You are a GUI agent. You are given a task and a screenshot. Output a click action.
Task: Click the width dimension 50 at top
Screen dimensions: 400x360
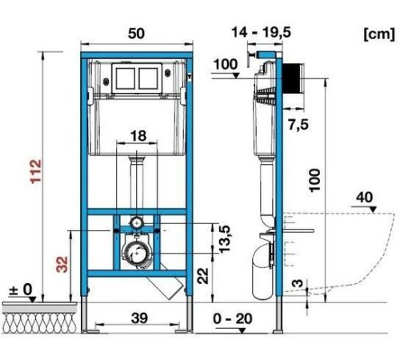(x=136, y=34)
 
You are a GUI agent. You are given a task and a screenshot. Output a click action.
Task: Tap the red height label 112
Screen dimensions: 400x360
(x=36, y=171)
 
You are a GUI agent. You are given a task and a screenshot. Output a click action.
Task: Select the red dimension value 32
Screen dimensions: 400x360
(x=63, y=264)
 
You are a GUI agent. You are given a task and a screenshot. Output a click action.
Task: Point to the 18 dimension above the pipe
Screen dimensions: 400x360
(x=138, y=135)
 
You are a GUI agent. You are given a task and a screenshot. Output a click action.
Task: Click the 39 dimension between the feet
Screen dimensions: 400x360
(x=139, y=318)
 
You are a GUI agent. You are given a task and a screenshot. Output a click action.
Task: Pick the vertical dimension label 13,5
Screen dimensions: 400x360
(x=225, y=239)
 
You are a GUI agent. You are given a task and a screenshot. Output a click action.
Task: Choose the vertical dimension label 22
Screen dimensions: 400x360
(x=203, y=276)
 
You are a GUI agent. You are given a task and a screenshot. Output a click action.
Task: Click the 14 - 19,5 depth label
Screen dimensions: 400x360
(x=262, y=33)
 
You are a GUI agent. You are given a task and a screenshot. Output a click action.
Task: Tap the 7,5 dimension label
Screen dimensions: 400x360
(x=298, y=125)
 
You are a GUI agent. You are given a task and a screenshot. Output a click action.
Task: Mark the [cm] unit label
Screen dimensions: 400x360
(x=379, y=34)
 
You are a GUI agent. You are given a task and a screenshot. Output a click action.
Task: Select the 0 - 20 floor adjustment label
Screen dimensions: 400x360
(x=233, y=318)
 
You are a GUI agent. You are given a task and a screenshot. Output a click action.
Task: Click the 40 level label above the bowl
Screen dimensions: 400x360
(x=365, y=198)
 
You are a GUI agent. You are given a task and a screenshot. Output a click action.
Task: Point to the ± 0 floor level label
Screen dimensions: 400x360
(x=21, y=290)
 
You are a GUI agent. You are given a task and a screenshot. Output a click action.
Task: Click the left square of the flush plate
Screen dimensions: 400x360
(x=126, y=78)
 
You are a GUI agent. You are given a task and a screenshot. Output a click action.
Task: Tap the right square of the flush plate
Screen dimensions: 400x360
(x=148, y=78)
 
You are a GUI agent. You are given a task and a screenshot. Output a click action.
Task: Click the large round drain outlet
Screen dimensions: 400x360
(x=137, y=252)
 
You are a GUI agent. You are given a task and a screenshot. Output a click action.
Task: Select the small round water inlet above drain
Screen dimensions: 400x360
(x=137, y=222)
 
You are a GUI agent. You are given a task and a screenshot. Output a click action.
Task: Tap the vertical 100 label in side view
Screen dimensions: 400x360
(x=314, y=180)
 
